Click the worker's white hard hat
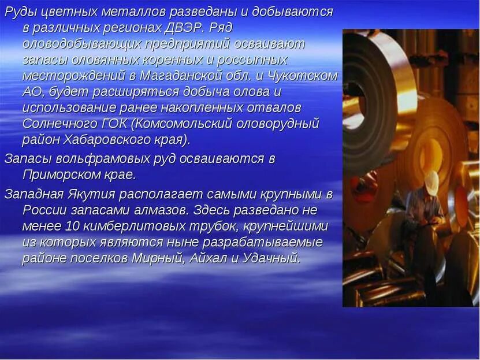432,182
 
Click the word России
42,209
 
